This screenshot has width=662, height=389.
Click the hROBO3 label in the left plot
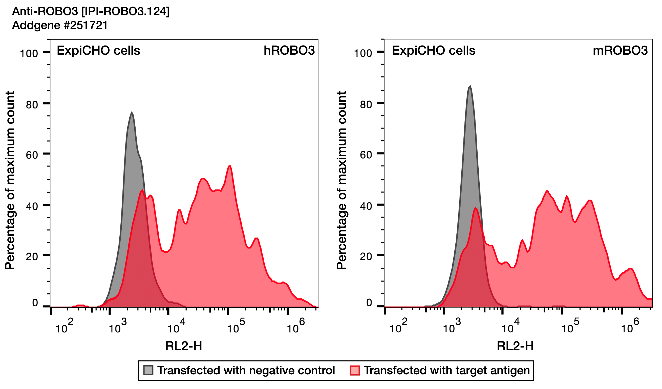point(289,50)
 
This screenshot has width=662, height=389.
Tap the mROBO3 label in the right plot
point(620,50)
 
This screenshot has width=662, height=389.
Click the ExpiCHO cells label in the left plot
point(98,50)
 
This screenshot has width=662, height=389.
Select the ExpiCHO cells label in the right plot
point(434,50)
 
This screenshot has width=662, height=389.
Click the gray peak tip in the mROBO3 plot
point(470,86)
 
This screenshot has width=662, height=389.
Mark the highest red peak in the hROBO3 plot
point(230,166)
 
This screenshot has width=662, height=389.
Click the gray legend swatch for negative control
point(148,370)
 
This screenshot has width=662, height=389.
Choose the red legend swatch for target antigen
point(355,370)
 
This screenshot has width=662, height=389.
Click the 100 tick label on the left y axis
point(29,54)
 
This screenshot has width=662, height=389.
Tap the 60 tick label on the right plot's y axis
point(366,155)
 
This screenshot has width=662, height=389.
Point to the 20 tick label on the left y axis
point(32,257)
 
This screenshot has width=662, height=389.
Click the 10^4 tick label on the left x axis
point(176,327)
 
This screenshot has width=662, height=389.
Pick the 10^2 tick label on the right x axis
point(398,327)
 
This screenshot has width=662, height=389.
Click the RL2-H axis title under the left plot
point(184,346)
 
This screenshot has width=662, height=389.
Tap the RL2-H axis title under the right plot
point(515,346)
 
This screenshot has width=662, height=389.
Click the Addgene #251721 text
point(60,25)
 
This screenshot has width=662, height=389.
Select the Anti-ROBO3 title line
point(91,11)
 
